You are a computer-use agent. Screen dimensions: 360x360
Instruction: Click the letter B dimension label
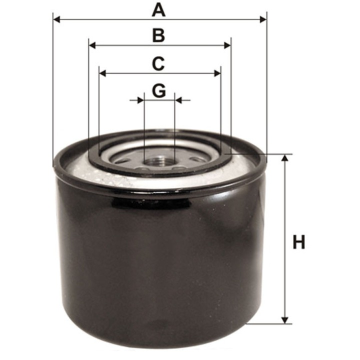(x=158, y=35)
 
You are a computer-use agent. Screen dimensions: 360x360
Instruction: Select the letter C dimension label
(x=158, y=63)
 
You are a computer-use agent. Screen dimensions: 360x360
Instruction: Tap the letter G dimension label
(x=158, y=91)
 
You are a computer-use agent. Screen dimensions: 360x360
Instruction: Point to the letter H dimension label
(x=298, y=243)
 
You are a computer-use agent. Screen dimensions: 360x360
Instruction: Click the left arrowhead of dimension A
(x=56, y=19)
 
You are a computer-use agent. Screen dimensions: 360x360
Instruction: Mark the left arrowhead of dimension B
(x=92, y=45)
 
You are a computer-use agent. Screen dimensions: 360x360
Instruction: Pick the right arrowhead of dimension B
(x=227, y=45)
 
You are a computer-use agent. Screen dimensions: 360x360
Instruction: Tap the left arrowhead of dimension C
(x=102, y=73)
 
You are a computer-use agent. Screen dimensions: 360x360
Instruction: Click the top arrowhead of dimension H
(x=285, y=158)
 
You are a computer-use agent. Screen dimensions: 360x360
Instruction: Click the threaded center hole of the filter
(x=159, y=161)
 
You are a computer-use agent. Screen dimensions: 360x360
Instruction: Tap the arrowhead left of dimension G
(x=140, y=100)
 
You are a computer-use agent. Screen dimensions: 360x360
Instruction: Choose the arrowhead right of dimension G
(x=178, y=100)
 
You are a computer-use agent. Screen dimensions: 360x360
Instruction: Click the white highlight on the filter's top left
(x=85, y=170)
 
